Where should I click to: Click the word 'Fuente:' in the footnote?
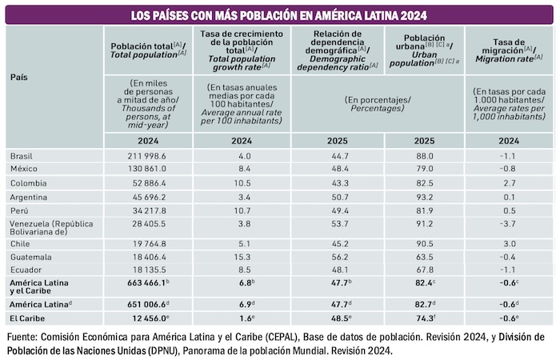click(x=25, y=335)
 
